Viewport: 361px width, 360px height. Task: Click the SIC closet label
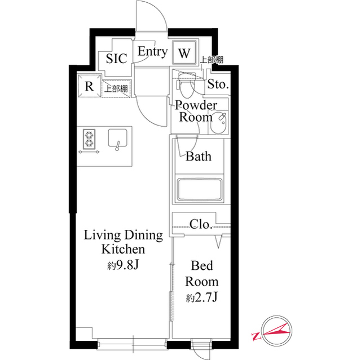(x=117, y=58)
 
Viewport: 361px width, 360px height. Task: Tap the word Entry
(x=152, y=52)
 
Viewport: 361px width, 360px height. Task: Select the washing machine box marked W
(x=184, y=54)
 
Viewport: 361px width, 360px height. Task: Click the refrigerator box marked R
(x=89, y=86)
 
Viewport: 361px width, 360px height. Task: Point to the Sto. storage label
(x=218, y=85)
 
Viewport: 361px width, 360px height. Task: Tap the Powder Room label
(x=195, y=112)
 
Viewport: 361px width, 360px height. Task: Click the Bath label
(x=199, y=156)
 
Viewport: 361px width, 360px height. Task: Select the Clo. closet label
(x=201, y=224)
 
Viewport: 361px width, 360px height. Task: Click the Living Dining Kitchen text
(x=123, y=242)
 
